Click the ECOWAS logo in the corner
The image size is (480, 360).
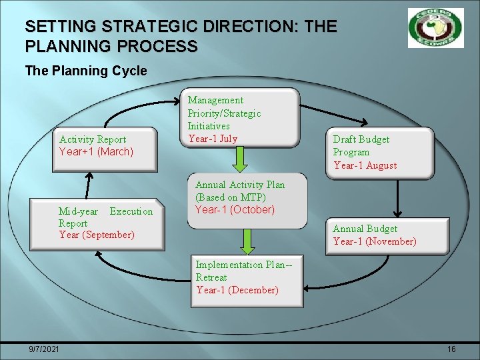[x=435, y=28]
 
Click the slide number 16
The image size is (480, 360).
[x=451, y=349]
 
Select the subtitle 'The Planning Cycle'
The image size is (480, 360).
[x=85, y=71]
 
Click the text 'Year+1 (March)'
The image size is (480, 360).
[x=96, y=152]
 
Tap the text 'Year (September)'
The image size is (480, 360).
[x=97, y=235]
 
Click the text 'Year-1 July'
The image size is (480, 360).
[x=213, y=139]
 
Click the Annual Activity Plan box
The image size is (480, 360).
[x=250, y=201]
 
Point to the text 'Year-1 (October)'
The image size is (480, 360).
[x=235, y=209]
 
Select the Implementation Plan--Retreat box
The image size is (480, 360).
[x=247, y=277]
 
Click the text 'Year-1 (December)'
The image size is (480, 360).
[x=237, y=290]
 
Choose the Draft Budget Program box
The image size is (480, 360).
[x=381, y=152]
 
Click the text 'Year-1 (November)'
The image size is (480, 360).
[x=375, y=241]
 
